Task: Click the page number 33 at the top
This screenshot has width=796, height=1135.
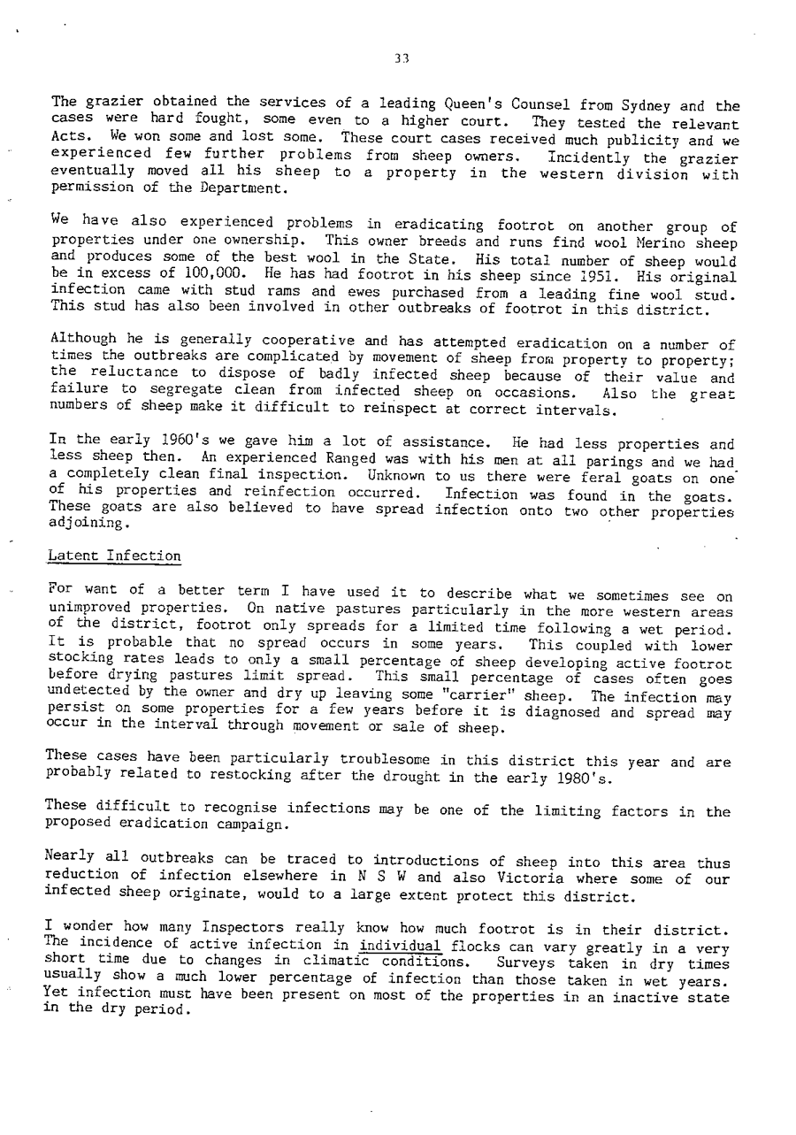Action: pos(402,59)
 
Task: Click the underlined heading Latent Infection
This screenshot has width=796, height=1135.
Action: pos(115,556)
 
